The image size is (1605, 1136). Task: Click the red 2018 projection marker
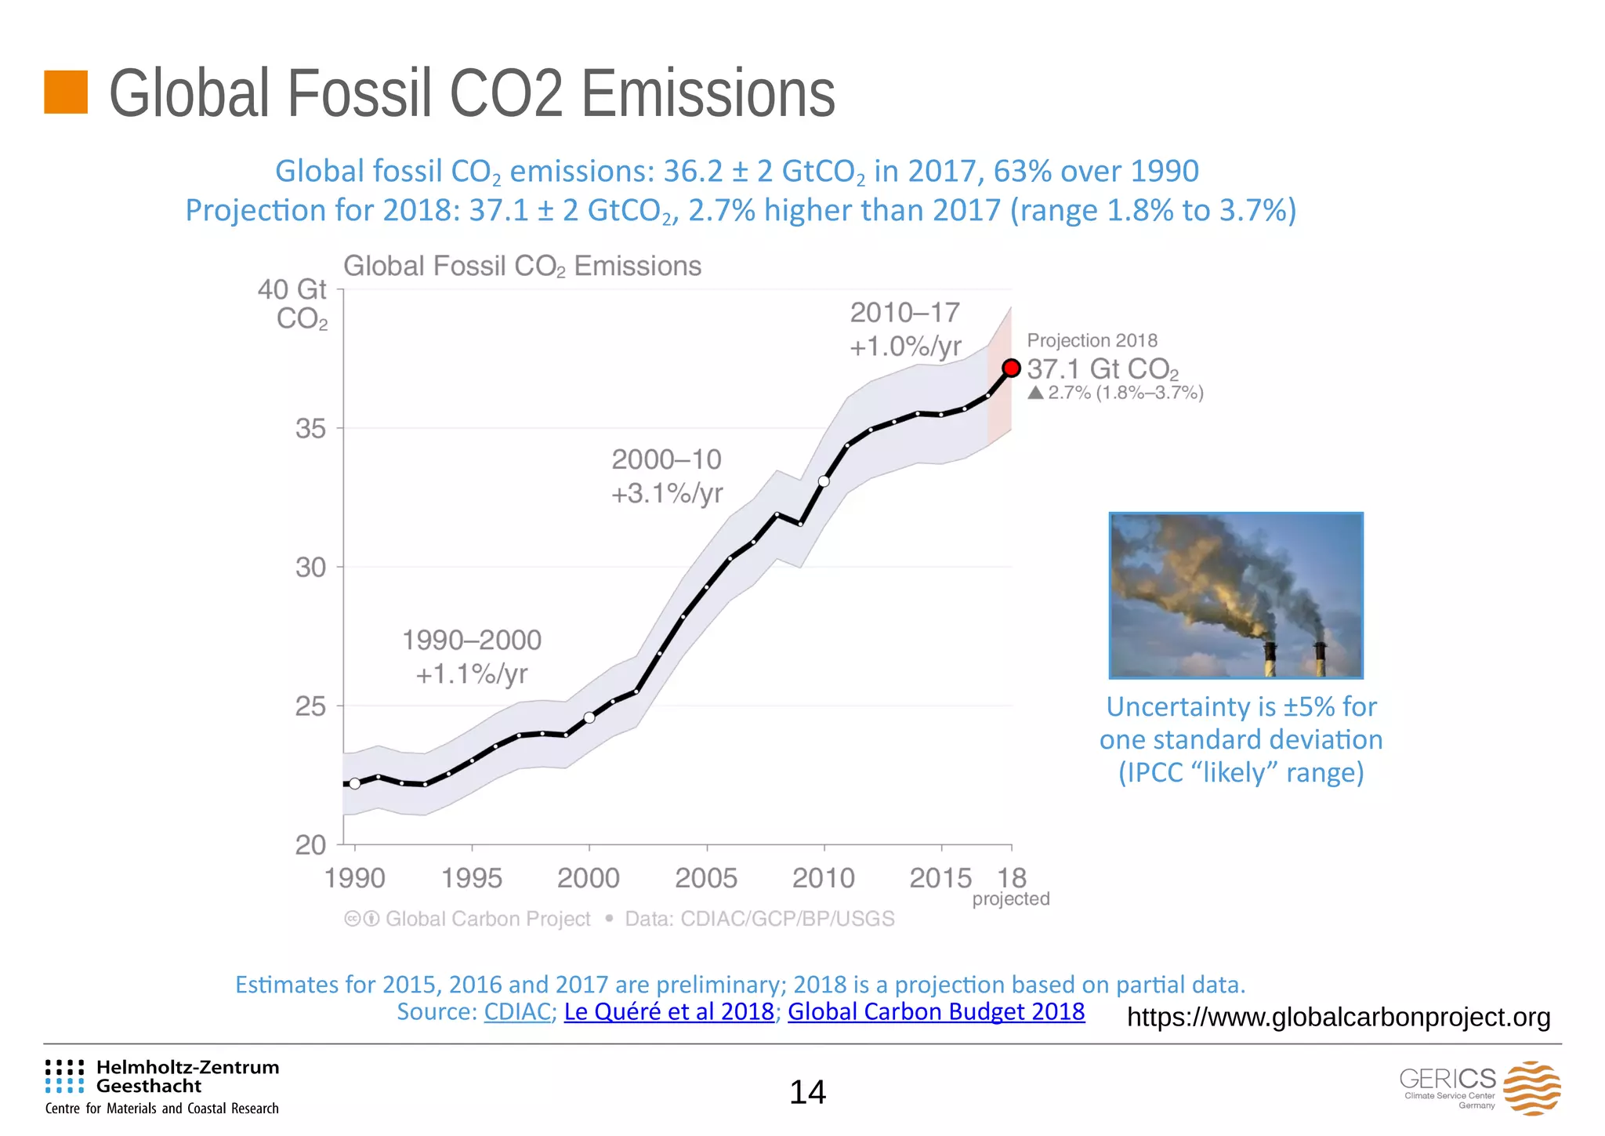click(x=1011, y=368)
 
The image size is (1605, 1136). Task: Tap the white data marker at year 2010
click(x=824, y=481)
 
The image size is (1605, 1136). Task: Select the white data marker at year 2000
click(x=589, y=717)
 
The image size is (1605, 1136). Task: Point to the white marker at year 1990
click(x=355, y=783)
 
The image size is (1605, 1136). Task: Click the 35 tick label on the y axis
click(x=310, y=429)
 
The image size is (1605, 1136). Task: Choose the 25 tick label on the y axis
click(x=310, y=706)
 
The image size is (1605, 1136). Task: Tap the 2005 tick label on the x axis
click(x=706, y=878)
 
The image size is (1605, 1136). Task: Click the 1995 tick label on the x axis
click(x=472, y=878)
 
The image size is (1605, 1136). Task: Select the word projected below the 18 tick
click(x=1010, y=899)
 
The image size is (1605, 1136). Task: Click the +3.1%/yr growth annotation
click(x=667, y=494)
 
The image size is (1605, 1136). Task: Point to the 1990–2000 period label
click(x=472, y=640)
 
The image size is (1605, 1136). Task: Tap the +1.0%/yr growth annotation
click(x=905, y=347)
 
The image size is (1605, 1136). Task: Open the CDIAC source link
click(x=517, y=1011)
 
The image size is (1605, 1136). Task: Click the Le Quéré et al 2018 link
click(x=668, y=1011)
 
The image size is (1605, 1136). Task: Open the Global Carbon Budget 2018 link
click(x=936, y=1011)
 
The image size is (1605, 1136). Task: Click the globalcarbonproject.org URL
click(x=1338, y=1017)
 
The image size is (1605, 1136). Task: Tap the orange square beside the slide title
click(x=66, y=92)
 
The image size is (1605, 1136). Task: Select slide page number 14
click(x=807, y=1092)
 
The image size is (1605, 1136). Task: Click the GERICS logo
click(x=1480, y=1087)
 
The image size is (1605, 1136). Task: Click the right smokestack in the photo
click(x=1321, y=659)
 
